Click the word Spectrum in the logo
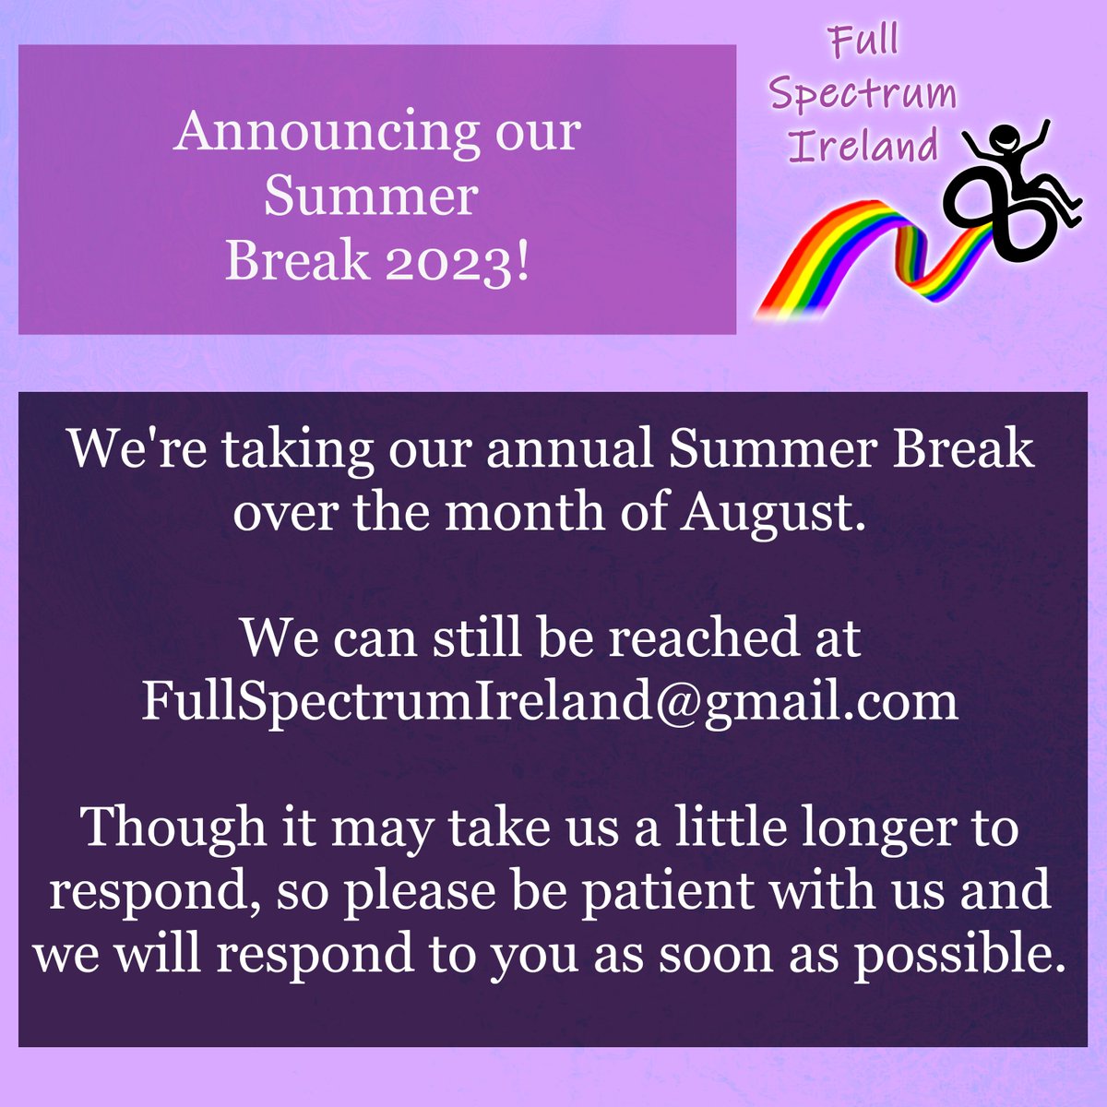(863, 96)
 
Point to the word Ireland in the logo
(864, 146)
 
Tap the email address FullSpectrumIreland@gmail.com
(550, 703)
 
